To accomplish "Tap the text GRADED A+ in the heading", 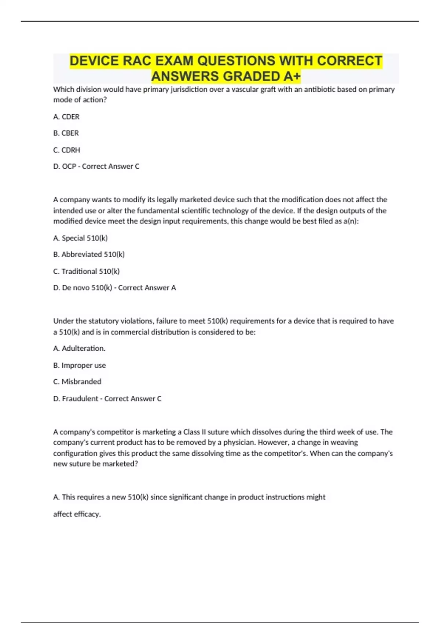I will point(261,76).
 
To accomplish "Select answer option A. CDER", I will point(66,117).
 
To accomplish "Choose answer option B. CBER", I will point(66,133).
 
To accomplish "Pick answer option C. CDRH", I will point(67,150).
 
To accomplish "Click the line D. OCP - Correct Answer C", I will point(96,166).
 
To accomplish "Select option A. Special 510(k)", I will point(80,238).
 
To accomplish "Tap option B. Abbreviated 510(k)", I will point(89,254).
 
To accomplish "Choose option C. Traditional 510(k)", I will point(87,272).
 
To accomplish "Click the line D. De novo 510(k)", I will point(114,288).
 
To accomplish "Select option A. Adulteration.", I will point(79,349).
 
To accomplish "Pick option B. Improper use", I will point(80,365).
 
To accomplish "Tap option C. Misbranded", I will point(77,382).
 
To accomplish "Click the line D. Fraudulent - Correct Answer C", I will point(107,399).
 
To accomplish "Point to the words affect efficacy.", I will point(77,514).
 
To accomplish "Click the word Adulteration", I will point(83,349).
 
